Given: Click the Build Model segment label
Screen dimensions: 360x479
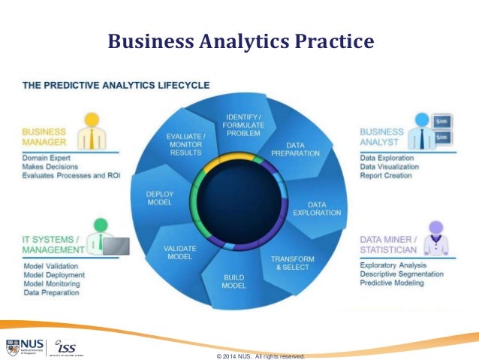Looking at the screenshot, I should point(234,281).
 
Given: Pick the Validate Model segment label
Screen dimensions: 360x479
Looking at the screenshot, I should point(180,252).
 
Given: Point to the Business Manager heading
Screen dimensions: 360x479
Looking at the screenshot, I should point(44,136).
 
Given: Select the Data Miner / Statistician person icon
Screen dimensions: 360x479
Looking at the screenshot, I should point(435,236).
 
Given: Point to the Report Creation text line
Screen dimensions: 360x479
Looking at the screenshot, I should point(386,176).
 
